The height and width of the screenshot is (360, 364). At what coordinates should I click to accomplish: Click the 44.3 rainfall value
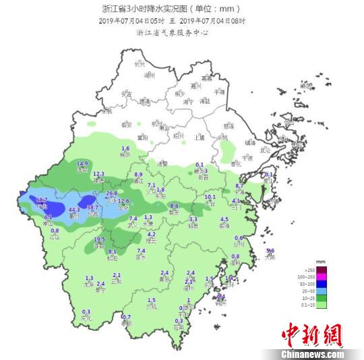(75, 210)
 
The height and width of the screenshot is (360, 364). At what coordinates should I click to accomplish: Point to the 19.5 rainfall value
(99, 239)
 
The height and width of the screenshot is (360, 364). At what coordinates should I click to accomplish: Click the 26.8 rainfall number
(112, 193)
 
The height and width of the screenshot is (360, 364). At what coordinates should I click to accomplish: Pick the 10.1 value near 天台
(210, 197)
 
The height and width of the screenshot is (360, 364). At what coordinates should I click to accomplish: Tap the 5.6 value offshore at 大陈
(270, 251)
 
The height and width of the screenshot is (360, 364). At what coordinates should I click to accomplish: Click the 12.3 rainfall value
(98, 174)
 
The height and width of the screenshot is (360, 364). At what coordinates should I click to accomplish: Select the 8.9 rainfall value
(139, 175)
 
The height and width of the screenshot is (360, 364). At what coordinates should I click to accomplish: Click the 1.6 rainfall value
(125, 148)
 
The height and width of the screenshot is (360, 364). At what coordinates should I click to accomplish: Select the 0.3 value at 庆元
(85, 311)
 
